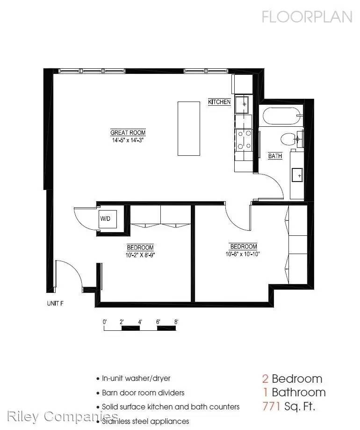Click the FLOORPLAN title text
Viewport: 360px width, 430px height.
(307, 17)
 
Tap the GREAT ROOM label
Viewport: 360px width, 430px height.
(128, 132)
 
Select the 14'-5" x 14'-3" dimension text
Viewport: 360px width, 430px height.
(128, 140)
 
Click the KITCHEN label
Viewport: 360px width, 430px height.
(219, 102)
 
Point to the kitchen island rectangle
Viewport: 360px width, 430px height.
(189, 129)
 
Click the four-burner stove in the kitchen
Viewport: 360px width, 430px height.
(244, 140)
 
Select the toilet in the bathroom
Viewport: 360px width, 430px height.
(289, 139)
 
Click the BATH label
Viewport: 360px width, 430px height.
(275, 156)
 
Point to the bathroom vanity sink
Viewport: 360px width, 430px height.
(297, 175)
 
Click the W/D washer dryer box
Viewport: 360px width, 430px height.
(108, 219)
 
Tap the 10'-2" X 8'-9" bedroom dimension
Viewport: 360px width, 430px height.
(140, 255)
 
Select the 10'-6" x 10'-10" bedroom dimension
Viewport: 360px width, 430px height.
(243, 254)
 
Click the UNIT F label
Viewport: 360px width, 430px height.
(55, 303)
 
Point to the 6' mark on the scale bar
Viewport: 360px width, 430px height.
(158, 321)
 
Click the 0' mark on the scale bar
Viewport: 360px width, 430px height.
(105, 321)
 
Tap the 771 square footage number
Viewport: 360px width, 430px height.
(271, 406)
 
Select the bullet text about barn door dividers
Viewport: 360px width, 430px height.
(143, 393)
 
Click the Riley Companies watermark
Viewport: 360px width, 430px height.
(63, 416)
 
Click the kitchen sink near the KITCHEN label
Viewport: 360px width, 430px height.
(242, 105)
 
